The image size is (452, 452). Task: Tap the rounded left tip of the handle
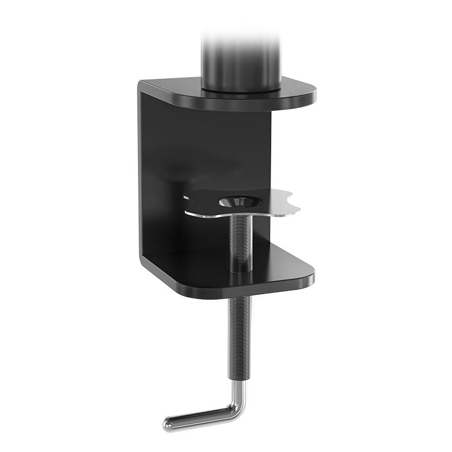167,422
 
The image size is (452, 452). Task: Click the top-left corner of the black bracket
141,83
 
